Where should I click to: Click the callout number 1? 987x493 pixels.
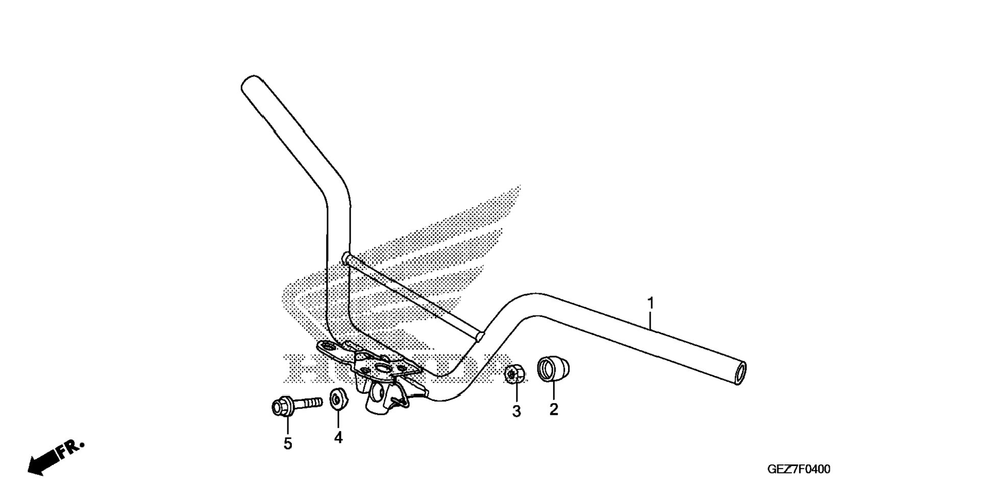(650, 303)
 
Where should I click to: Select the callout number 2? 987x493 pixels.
(554, 409)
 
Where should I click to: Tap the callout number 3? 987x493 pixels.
(516, 411)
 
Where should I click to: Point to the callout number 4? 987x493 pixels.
(338, 437)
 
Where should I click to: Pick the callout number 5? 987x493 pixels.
(288, 444)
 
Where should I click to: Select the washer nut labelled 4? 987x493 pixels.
(337, 399)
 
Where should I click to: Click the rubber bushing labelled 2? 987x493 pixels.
(553, 369)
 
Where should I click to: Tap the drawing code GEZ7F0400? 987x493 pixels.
(799, 469)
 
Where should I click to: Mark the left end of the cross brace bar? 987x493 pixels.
(347, 258)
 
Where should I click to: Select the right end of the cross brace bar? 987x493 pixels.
(479, 336)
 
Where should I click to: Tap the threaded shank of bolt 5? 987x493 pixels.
(308, 403)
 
